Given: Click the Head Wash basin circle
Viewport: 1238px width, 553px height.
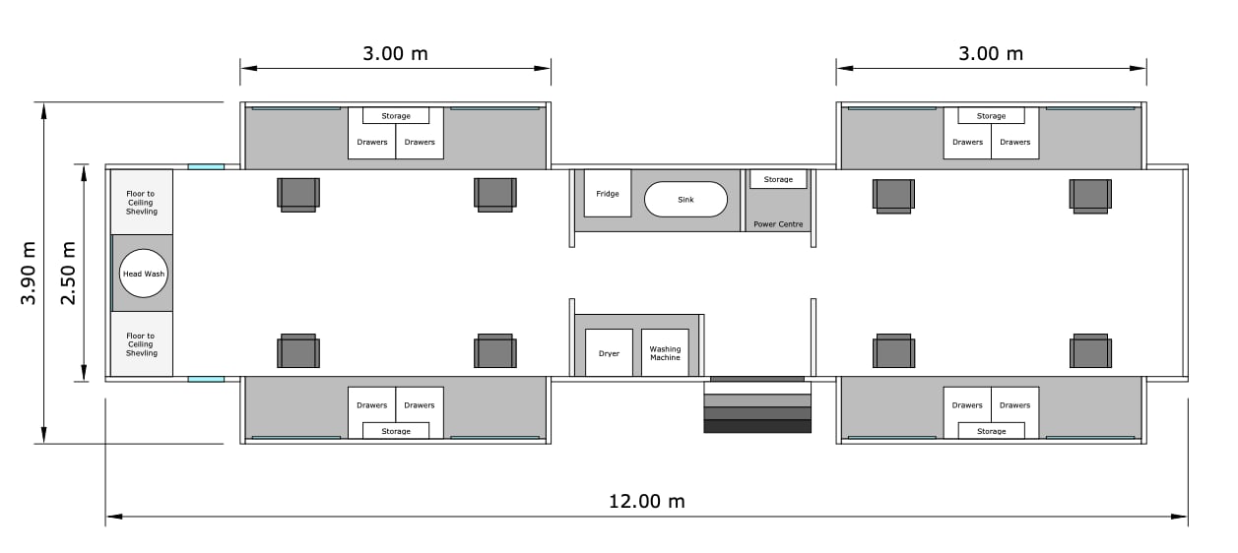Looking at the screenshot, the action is click(x=144, y=274).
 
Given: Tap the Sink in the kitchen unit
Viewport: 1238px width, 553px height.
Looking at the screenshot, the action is click(x=685, y=200).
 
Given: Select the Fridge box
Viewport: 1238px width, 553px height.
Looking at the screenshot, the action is click(x=608, y=194).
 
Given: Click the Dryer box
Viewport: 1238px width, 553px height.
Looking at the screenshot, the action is click(x=609, y=353).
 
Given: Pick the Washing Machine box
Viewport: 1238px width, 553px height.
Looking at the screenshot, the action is click(x=665, y=353).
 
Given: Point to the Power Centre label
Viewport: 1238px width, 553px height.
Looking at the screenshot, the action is click(x=778, y=224).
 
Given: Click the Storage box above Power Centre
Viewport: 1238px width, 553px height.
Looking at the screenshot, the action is click(x=778, y=179).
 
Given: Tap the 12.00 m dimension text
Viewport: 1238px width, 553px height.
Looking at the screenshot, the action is click(x=647, y=502).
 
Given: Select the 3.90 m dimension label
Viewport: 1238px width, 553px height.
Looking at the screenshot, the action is click(x=28, y=273).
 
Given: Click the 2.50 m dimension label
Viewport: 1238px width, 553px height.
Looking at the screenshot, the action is click(x=67, y=273).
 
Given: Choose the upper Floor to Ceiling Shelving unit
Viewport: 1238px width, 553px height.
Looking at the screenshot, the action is click(x=142, y=202).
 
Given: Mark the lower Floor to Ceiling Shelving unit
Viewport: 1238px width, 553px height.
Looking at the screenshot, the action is click(x=142, y=344).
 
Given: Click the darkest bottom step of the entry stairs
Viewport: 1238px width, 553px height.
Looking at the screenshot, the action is click(x=757, y=426).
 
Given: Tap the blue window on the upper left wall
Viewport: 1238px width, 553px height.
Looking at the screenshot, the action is click(x=206, y=167).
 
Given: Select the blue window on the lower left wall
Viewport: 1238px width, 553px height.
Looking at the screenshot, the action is click(x=206, y=380).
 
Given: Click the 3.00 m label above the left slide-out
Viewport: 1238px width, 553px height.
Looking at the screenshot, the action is click(x=395, y=53).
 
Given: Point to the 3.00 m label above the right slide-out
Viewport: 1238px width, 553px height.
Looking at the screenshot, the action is click(x=991, y=53).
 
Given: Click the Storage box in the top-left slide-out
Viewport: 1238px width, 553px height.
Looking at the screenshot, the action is click(x=396, y=115).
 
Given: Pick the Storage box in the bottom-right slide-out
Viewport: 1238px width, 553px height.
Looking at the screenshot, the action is click(x=992, y=431).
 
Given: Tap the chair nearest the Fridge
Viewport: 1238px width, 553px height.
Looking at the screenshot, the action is click(x=495, y=195).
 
